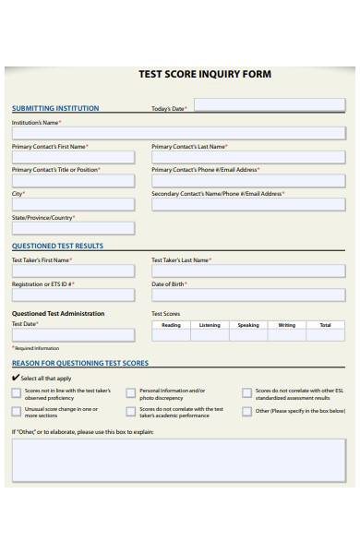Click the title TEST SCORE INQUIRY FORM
point(205,74)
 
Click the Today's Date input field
point(269,105)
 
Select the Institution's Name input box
point(178,133)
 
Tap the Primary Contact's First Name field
point(73,157)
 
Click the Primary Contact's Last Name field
point(248,157)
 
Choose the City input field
point(73,204)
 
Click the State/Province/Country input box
point(73,228)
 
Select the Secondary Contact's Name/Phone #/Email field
point(248,204)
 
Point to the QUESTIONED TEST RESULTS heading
point(57,247)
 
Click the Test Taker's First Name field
point(73,271)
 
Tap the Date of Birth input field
point(248,295)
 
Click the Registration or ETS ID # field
point(73,295)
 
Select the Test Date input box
point(73,336)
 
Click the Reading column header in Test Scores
point(171,325)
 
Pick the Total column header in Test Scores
point(326,325)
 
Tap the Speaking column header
point(248,325)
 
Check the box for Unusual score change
point(17,412)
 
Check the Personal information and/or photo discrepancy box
point(131,393)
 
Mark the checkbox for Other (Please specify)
point(246,412)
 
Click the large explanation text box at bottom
point(178,459)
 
